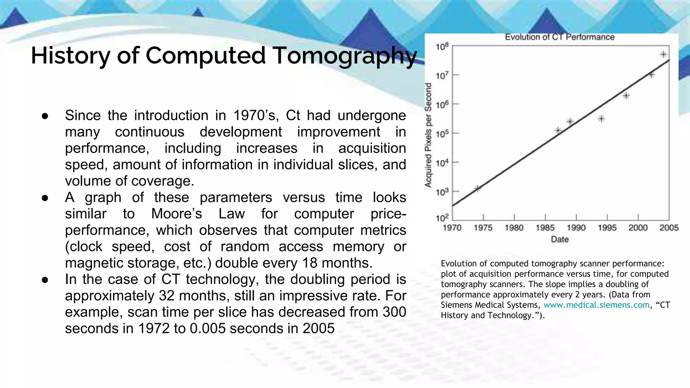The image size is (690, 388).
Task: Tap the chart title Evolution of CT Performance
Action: [559, 37]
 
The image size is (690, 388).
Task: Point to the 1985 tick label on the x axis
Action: [545, 228]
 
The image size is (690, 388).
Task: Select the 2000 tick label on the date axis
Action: [638, 228]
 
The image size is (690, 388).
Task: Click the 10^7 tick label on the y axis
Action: [442, 75]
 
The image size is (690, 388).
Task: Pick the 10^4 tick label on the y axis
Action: [442, 163]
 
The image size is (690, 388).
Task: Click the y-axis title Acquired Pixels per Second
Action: [428, 135]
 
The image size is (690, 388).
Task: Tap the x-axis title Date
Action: [560, 239]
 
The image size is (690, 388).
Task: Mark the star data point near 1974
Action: [477, 188]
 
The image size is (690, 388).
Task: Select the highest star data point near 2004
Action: [663, 54]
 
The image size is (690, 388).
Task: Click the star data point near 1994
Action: [601, 119]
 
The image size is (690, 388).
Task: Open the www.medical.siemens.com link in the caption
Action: [596, 305]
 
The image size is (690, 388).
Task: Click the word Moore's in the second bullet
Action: [176, 214]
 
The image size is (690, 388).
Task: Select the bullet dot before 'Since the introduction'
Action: [45, 116]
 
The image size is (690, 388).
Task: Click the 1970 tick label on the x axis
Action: [452, 228]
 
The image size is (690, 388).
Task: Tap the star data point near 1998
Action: [626, 96]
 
